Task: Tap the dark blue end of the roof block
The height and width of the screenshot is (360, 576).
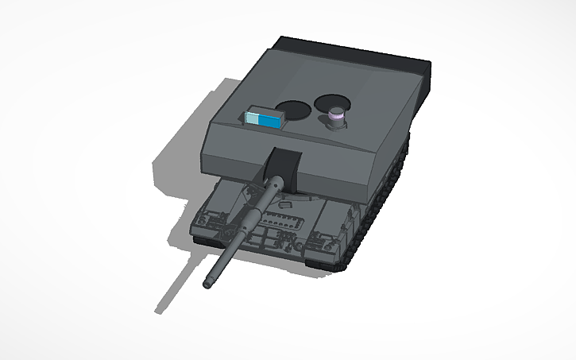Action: [272, 121]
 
